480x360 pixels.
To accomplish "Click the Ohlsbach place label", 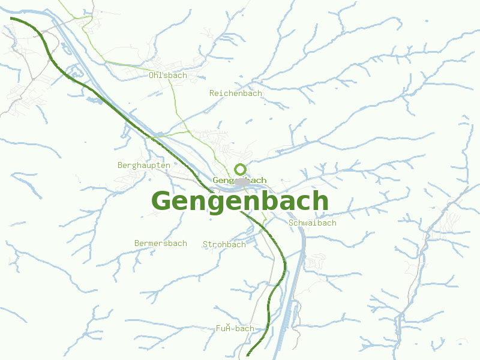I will point(168,76).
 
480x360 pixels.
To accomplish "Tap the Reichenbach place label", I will point(236,94).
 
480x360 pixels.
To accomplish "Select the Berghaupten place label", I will point(144,165).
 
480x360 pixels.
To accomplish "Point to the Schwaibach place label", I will point(313,223).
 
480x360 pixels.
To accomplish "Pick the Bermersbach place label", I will point(161,244).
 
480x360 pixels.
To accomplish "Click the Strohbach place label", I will point(224,245).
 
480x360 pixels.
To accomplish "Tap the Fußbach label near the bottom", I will point(235,329).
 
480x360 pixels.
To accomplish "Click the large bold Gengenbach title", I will point(240,202).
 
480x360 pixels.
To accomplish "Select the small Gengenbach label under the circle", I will point(239,180).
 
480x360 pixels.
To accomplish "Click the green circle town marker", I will point(241,169).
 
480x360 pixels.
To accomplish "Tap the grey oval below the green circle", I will point(242,182).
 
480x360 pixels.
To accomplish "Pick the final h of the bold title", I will point(320,201).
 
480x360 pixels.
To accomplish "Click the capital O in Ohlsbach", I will point(152,76).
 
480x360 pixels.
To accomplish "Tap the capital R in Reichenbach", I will point(212,94).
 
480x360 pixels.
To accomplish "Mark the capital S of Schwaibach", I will point(292,223).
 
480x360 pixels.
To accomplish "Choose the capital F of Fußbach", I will point(219,329).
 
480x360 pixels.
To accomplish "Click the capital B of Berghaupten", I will point(121,165).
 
